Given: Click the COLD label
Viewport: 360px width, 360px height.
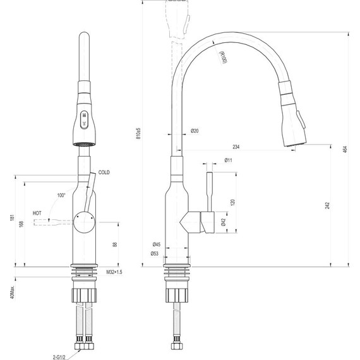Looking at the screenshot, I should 104,173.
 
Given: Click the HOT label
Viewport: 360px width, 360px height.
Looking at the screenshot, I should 38,213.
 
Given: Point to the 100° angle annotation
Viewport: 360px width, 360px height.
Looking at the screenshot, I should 61,195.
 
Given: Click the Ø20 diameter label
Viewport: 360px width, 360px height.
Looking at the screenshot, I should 195,131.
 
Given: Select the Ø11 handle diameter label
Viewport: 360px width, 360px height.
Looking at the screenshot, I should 229,161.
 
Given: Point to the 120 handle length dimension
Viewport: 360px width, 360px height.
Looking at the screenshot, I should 232,202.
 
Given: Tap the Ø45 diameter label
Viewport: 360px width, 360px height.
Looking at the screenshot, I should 155,244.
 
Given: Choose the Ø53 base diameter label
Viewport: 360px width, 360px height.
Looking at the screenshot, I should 155,254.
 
